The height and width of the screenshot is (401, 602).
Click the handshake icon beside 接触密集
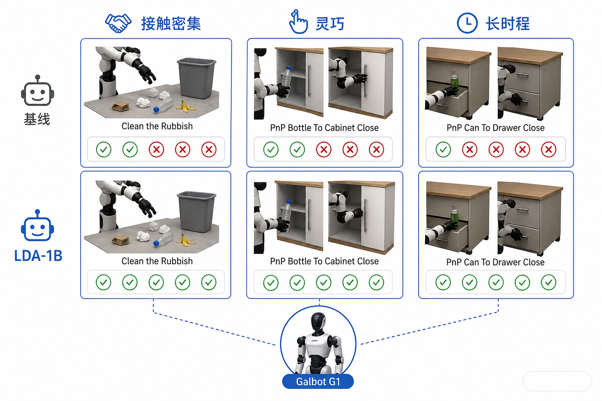118,23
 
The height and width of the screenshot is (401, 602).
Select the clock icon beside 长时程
467,23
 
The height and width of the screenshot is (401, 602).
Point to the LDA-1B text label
38,256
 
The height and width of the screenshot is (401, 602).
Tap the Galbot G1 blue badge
318,381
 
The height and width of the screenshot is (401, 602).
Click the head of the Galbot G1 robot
319,321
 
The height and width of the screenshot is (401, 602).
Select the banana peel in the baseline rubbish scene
185,107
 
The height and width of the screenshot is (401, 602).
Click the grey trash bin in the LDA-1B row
196,211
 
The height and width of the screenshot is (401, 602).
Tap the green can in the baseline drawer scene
455,85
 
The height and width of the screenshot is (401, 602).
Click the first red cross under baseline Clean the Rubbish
156,149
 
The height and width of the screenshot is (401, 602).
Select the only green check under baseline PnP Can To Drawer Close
443,149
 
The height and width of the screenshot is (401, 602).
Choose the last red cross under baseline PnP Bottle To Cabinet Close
376,149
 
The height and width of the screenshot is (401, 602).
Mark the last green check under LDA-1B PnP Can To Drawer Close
549,282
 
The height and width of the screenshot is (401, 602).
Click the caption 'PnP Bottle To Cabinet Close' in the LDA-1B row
325,261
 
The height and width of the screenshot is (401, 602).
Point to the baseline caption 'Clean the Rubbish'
157,126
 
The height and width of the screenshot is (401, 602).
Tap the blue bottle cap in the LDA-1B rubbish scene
156,243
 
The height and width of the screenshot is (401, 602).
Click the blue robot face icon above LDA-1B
38,226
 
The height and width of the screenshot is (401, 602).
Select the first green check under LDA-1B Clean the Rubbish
103,282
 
